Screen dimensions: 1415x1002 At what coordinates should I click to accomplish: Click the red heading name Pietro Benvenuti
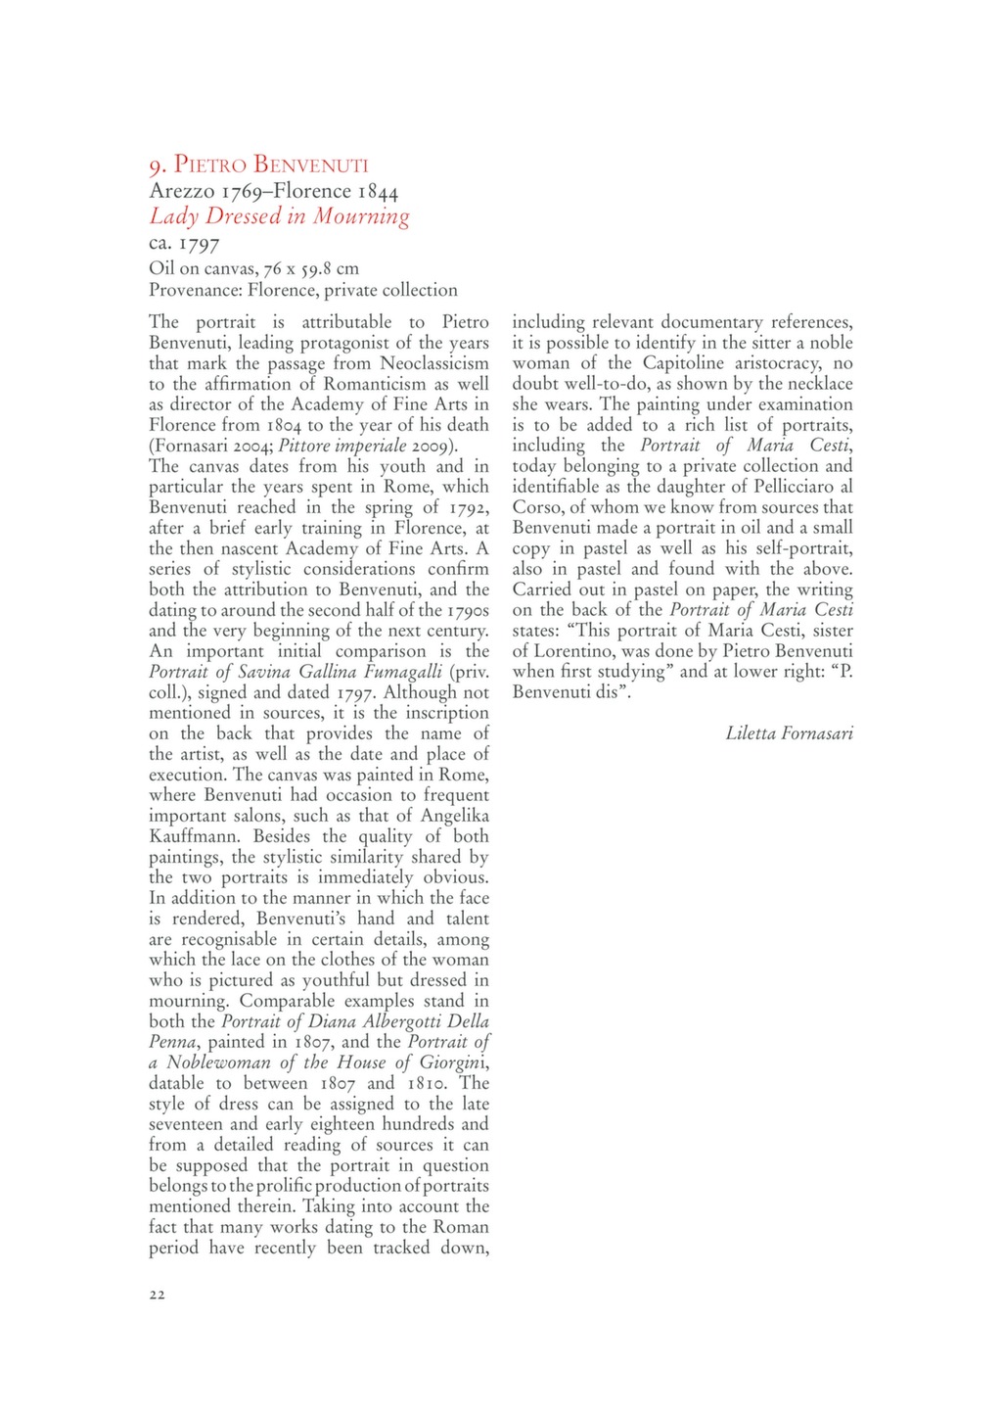pos(270,165)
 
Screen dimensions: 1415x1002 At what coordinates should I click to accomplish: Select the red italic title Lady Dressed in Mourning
pos(279,216)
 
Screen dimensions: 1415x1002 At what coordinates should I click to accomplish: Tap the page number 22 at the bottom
pos(158,1295)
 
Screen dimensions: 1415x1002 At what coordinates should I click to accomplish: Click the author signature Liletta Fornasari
pos(789,732)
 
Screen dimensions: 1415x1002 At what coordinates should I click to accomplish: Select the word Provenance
pos(194,290)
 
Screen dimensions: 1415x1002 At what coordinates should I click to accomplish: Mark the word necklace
pos(818,384)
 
